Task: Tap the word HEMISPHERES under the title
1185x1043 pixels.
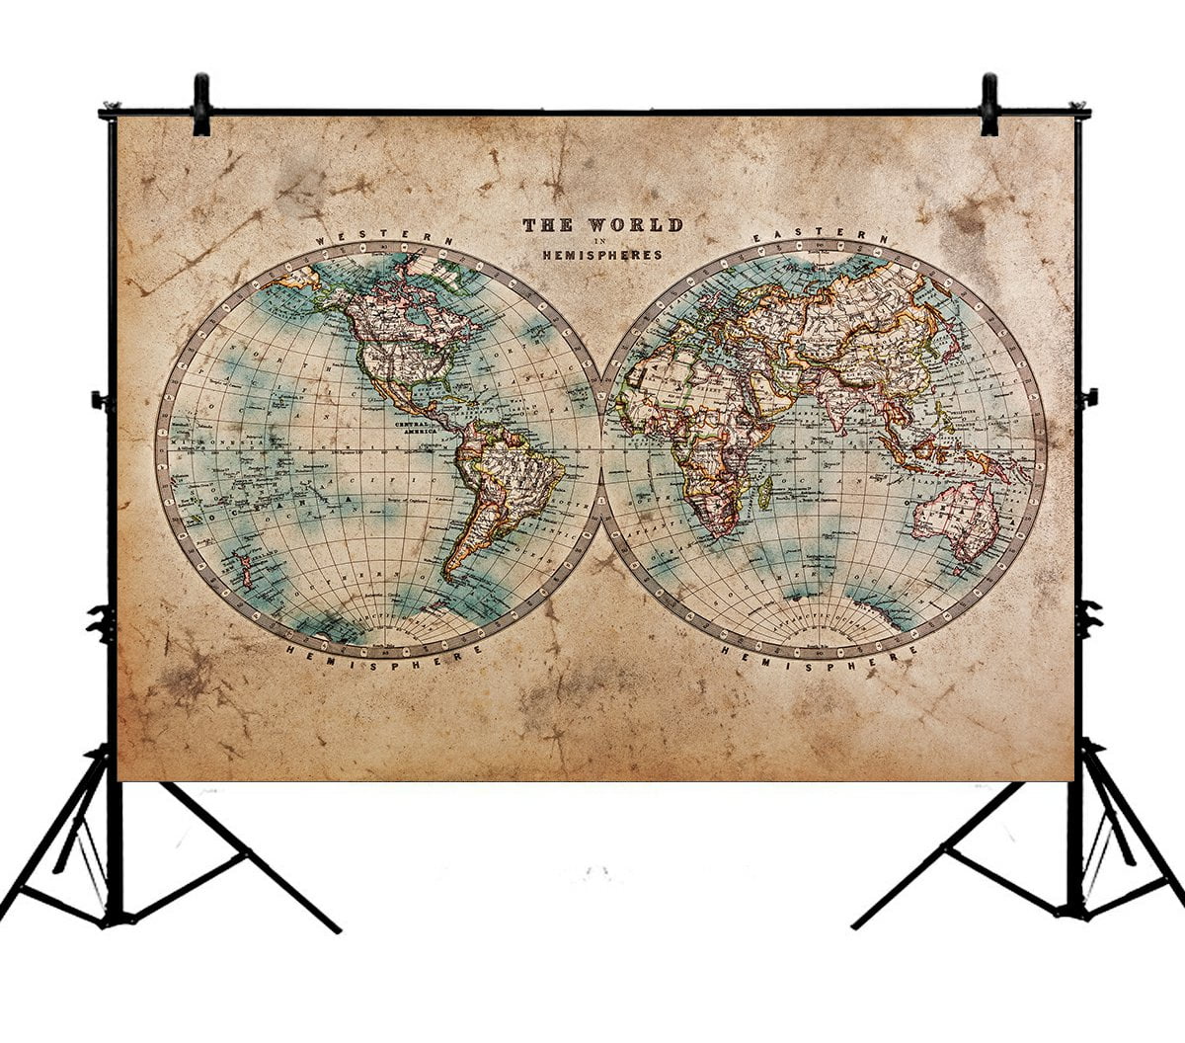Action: (601, 256)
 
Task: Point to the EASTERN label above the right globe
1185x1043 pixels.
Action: (820, 237)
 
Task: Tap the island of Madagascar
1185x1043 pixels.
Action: (764, 491)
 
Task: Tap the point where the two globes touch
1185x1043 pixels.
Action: (600, 449)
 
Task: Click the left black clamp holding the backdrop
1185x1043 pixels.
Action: (201, 105)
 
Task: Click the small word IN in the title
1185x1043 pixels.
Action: (601, 241)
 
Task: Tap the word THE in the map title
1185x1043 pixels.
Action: (547, 225)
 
